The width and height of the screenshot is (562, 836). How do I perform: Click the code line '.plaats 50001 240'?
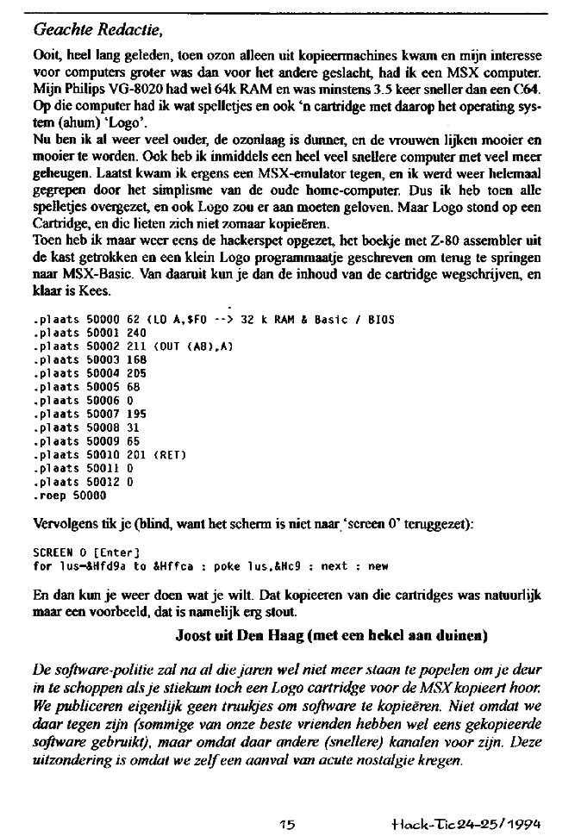pyautogui.click(x=89, y=331)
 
